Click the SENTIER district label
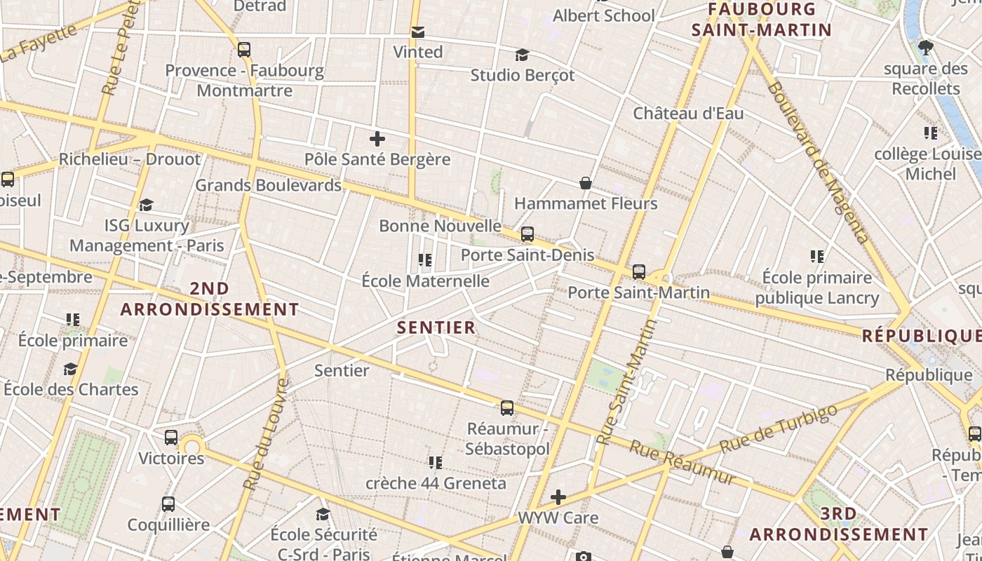(436, 327)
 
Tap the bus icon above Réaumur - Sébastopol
(507, 407)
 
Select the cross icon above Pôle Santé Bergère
(377, 138)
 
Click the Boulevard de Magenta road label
(817, 162)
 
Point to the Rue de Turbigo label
(779, 428)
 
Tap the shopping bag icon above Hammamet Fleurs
(586, 184)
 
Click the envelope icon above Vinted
(418, 32)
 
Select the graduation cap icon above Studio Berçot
(522, 55)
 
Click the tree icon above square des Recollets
(926, 48)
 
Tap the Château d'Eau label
(688, 113)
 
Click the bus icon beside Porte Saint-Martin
(638, 272)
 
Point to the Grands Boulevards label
(268, 185)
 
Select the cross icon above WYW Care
(558, 498)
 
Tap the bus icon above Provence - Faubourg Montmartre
(244, 50)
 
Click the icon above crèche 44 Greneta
(436, 463)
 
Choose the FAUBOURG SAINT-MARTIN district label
(761, 20)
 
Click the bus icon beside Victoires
(171, 438)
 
